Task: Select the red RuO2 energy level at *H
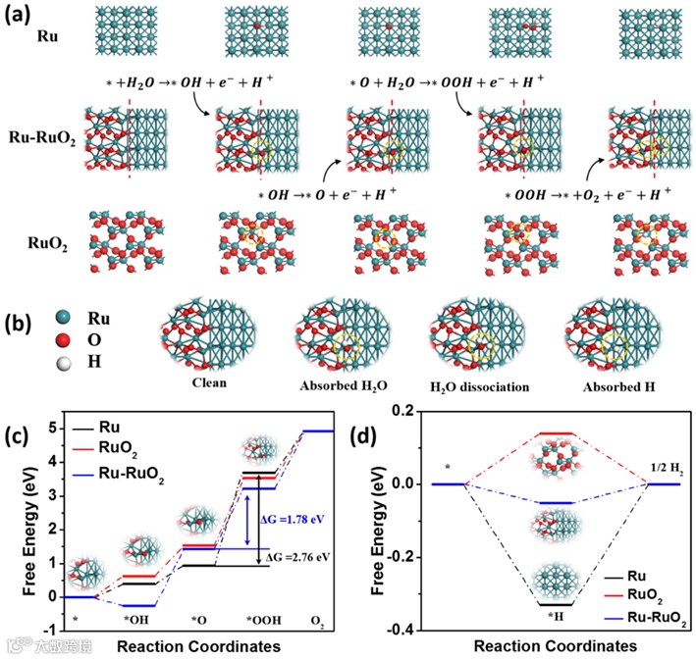point(555,432)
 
